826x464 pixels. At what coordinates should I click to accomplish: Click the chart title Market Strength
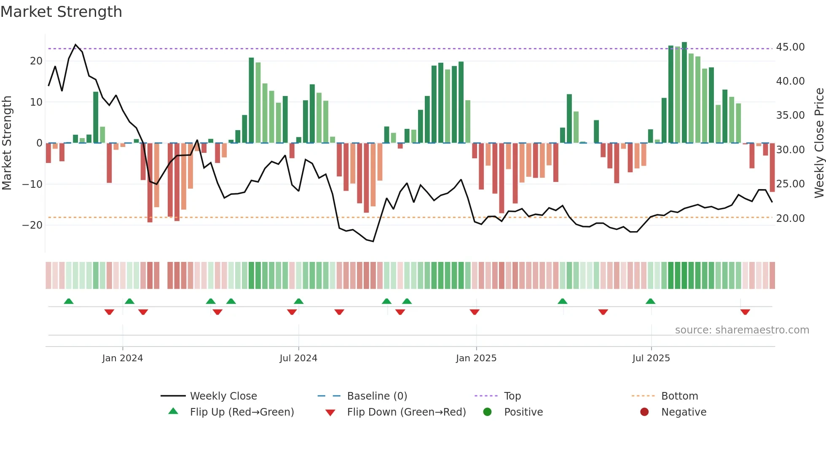coord(61,12)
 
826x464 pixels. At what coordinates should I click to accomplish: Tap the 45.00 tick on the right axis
coord(790,47)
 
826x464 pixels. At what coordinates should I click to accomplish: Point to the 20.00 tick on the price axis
coord(790,218)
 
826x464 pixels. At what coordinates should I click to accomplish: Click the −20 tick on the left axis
coord(32,225)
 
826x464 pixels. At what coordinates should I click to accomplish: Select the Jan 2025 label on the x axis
coord(476,358)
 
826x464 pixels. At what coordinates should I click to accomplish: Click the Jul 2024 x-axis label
coord(298,358)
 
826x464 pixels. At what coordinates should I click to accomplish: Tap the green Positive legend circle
coord(488,412)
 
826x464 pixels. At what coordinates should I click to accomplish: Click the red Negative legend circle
coord(644,412)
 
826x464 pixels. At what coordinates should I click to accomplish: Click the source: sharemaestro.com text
coord(742,330)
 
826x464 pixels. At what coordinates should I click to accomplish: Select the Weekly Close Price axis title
coord(819,143)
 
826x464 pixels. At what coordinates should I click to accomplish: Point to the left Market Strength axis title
coord(7,143)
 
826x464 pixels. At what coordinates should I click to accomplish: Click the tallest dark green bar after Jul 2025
coord(684,93)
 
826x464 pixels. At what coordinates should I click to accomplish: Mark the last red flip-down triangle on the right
coord(745,312)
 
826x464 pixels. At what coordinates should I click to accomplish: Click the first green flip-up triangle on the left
coord(69,301)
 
